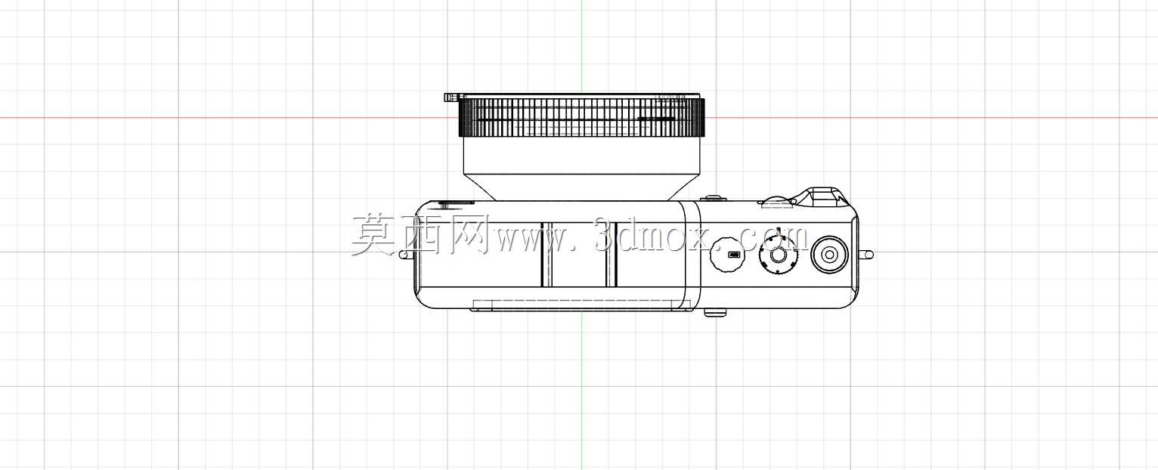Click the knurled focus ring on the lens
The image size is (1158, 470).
point(581,117)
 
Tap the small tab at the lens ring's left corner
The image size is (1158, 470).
point(451,97)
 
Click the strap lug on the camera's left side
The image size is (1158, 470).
point(407,255)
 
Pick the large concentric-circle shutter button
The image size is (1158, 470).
point(829,255)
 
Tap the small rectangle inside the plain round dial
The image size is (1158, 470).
point(733,255)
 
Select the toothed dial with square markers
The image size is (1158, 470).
point(778,255)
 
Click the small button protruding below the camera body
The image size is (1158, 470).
point(715,312)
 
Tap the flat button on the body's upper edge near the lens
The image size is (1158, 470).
point(714,198)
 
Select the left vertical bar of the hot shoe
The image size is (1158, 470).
point(546,255)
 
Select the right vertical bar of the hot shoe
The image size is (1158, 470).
point(612,255)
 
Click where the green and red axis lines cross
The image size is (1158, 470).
point(581,117)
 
